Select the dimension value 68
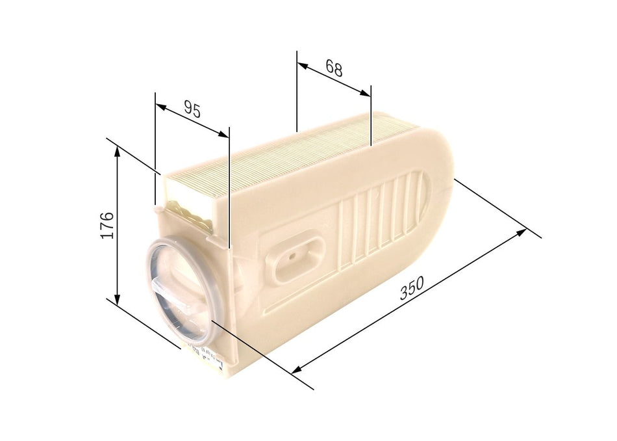click(334, 68)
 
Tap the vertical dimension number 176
click(108, 224)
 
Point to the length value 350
click(412, 288)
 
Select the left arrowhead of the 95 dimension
click(160, 105)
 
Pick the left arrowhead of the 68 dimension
click(301, 64)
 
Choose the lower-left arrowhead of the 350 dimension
click(296, 371)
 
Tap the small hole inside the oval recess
click(294, 256)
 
